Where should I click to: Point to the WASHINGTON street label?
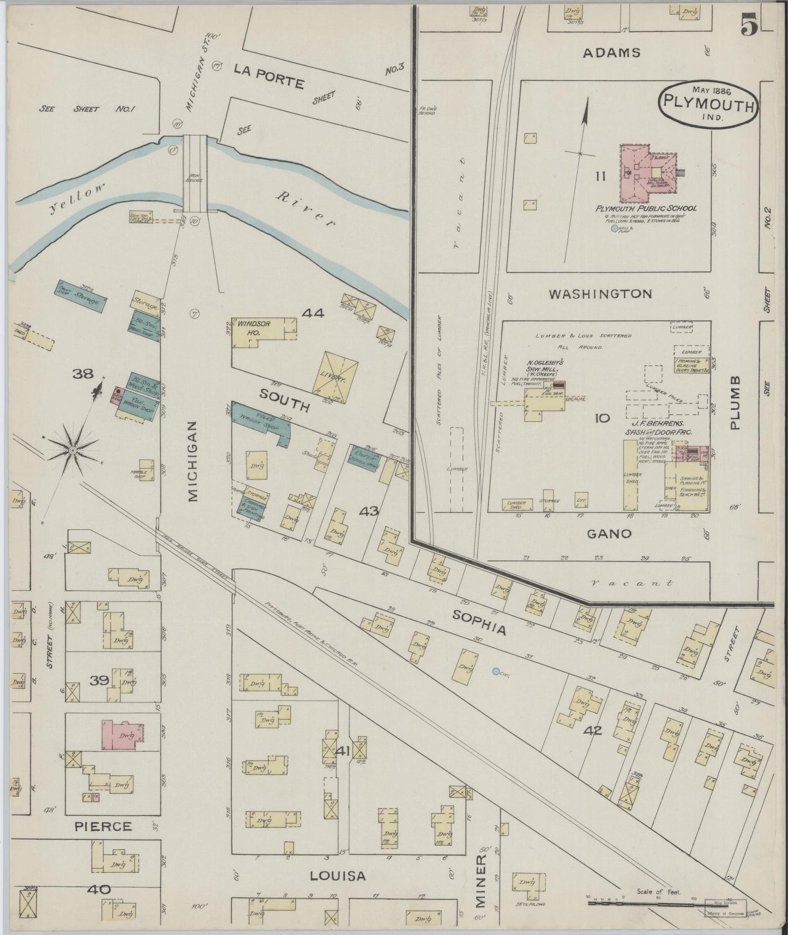pos(600,294)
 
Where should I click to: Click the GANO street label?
pos(609,534)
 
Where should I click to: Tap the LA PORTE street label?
pos(268,76)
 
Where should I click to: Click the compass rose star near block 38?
pos(72,449)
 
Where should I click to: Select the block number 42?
pos(593,730)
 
